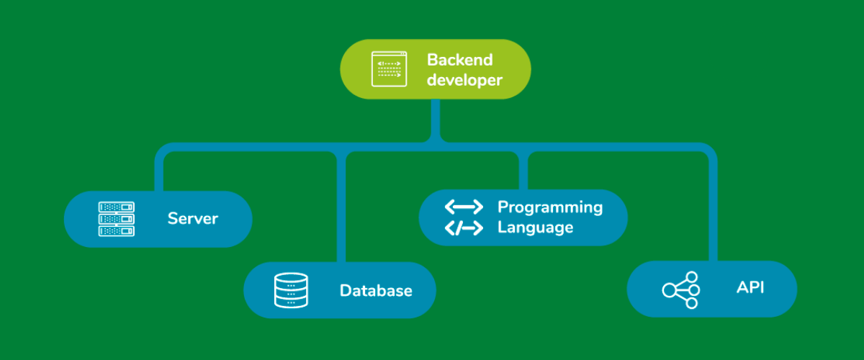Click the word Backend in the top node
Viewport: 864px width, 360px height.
pos(459,59)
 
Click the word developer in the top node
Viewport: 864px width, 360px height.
pos(464,80)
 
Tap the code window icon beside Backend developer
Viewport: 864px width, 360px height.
pos(389,69)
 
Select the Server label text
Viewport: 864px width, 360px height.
pos(192,218)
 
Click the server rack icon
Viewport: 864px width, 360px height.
pos(116,219)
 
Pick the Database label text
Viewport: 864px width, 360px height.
pos(376,291)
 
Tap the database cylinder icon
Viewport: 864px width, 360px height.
pos(291,290)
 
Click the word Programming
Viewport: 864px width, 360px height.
pos(550,207)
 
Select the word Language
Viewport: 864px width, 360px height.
pos(535,228)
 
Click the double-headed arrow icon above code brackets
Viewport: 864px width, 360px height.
pos(464,207)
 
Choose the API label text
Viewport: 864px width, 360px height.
pos(750,288)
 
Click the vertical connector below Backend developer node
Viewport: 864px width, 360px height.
pos(436,119)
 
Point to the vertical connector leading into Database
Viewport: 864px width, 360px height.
pos(341,209)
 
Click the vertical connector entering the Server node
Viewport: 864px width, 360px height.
pos(159,173)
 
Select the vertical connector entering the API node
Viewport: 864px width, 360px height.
pos(713,209)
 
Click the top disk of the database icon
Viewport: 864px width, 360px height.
pos(291,279)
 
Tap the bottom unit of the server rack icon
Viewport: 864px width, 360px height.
pos(116,231)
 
